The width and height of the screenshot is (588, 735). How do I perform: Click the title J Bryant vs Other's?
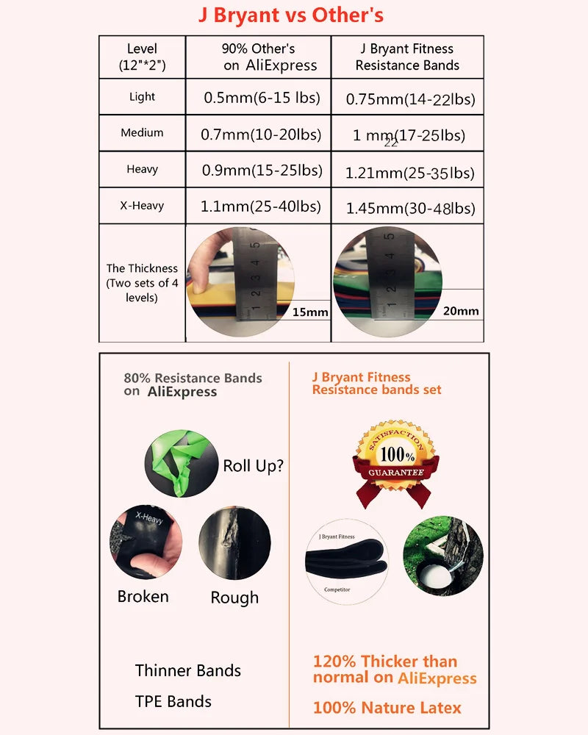pyautogui.click(x=291, y=15)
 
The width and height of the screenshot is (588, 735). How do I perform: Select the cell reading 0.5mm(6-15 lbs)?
pyautogui.click(x=257, y=97)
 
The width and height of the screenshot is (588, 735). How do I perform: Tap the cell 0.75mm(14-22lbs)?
pyautogui.click(x=410, y=98)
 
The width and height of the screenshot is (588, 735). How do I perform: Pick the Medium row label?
pyautogui.click(x=142, y=133)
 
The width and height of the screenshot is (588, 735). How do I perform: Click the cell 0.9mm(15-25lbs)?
pyautogui.click(x=262, y=171)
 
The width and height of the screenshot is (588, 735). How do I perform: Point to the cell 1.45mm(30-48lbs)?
pyautogui.click(x=410, y=209)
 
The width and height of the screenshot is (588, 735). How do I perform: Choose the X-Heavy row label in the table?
pyautogui.click(x=142, y=206)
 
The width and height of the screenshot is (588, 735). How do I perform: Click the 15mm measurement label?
pyautogui.click(x=309, y=312)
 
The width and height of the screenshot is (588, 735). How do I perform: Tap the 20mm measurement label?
pyautogui.click(x=461, y=311)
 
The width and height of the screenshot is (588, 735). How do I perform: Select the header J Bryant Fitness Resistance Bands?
pyautogui.click(x=407, y=57)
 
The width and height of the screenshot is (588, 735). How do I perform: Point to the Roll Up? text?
pyautogui.click(x=253, y=465)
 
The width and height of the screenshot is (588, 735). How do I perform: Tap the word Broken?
pyautogui.click(x=143, y=596)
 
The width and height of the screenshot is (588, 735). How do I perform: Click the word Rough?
pyautogui.click(x=234, y=598)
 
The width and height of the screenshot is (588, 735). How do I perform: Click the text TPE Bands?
pyautogui.click(x=173, y=701)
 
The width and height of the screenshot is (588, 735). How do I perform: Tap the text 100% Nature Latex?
pyautogui.click(x=387, y=708)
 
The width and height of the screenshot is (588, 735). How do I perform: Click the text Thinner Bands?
pyautogui.click(x=188, y=670)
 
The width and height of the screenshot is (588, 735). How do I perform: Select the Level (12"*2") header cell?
pyautogui.click(x=142, y=57)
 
